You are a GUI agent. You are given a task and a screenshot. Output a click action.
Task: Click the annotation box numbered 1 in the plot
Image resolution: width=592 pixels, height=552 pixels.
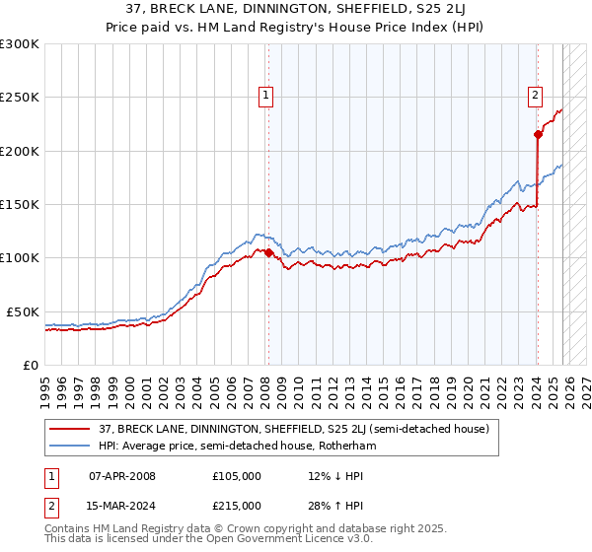[x=266, y=96]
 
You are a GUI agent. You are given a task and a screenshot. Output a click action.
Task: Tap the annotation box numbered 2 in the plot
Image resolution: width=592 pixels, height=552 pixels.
[x=534, y=96]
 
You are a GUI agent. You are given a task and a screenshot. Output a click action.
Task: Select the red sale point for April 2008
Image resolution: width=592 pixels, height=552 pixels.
[x=268, y=252]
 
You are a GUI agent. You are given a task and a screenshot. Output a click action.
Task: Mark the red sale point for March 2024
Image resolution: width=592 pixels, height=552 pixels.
[x=538, y=135]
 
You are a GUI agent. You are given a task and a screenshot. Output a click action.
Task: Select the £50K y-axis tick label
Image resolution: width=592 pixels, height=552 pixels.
[x=24, y=311]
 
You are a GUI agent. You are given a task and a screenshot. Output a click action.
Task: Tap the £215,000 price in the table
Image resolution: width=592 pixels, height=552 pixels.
[x=237, y=506]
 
